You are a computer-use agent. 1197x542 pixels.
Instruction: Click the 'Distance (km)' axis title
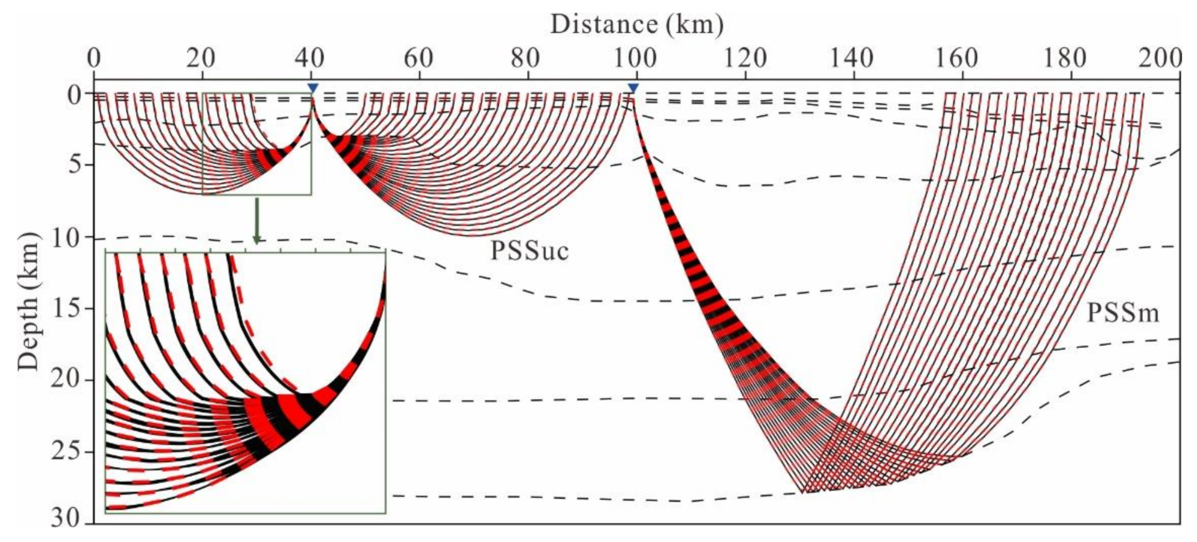(637, 25)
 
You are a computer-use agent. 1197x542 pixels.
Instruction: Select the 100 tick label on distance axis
(635, 59)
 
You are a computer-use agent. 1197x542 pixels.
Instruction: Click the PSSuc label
(529, 251)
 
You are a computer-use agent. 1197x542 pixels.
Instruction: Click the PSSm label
(1123, 313)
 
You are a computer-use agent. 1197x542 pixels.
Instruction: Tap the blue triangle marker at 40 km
(312, 89)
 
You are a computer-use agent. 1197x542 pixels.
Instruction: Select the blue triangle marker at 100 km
(633, 89)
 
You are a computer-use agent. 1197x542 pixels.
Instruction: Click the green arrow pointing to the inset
(257, 221)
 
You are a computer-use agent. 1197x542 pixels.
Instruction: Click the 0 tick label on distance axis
(94, 59)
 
